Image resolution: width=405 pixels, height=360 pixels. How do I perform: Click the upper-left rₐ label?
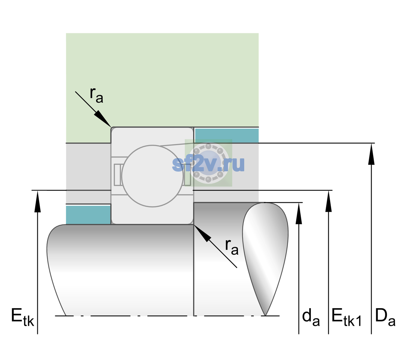point(96,95)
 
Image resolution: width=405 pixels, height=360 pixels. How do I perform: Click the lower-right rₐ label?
point(232,247)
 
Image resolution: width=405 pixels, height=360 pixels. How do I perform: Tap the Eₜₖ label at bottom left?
point(22,317)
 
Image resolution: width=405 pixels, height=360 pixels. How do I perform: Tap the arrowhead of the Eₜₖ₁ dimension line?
point(328,201)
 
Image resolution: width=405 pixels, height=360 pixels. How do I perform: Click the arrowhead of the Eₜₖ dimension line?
point(37,201)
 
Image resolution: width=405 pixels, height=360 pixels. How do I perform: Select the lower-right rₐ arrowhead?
point(202,233)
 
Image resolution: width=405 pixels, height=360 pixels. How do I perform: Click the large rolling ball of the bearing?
point(152,176)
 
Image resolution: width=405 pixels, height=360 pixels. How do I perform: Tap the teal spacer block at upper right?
point(227,135)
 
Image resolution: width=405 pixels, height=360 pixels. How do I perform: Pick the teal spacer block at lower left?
point(88,215)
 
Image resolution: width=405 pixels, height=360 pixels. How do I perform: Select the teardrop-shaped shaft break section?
point(265,259)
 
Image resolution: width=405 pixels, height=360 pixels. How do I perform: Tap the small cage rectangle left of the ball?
point(117,175)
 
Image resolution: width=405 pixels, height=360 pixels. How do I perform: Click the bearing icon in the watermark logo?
point(208,163)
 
